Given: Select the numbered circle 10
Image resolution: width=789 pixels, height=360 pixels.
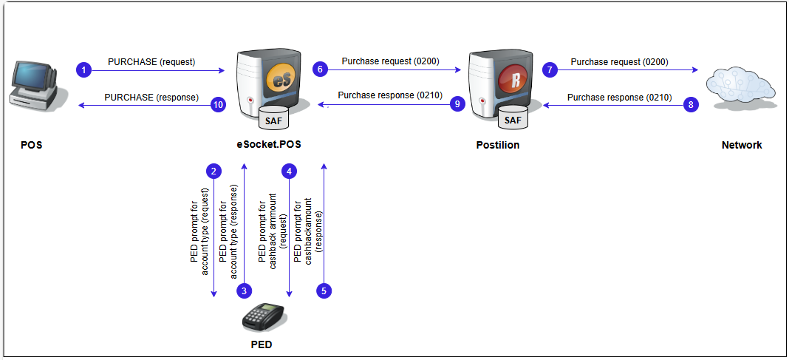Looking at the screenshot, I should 218,105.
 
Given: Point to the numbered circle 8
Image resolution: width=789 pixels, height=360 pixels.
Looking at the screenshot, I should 691,105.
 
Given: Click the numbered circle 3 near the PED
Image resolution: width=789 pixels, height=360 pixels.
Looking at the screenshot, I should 245,291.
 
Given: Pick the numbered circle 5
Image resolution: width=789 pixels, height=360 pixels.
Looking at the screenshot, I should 324,291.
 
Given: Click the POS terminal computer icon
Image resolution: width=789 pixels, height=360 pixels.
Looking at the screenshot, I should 35,87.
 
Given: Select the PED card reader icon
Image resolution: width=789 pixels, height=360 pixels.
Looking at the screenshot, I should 264,316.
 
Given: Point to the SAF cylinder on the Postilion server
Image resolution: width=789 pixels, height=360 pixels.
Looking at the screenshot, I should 512,117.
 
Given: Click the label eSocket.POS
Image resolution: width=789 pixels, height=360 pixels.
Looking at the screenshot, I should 270,145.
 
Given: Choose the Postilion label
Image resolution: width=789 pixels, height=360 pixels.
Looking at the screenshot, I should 497,145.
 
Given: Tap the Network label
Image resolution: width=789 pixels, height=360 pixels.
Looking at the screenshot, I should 742,145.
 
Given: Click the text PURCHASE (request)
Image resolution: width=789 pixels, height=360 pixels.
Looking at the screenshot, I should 151,62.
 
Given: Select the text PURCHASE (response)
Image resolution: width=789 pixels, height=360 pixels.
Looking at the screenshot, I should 148,97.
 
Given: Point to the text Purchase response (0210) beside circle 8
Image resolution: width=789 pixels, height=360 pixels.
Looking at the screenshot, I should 619,97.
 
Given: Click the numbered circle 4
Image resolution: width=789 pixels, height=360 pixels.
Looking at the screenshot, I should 290,171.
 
